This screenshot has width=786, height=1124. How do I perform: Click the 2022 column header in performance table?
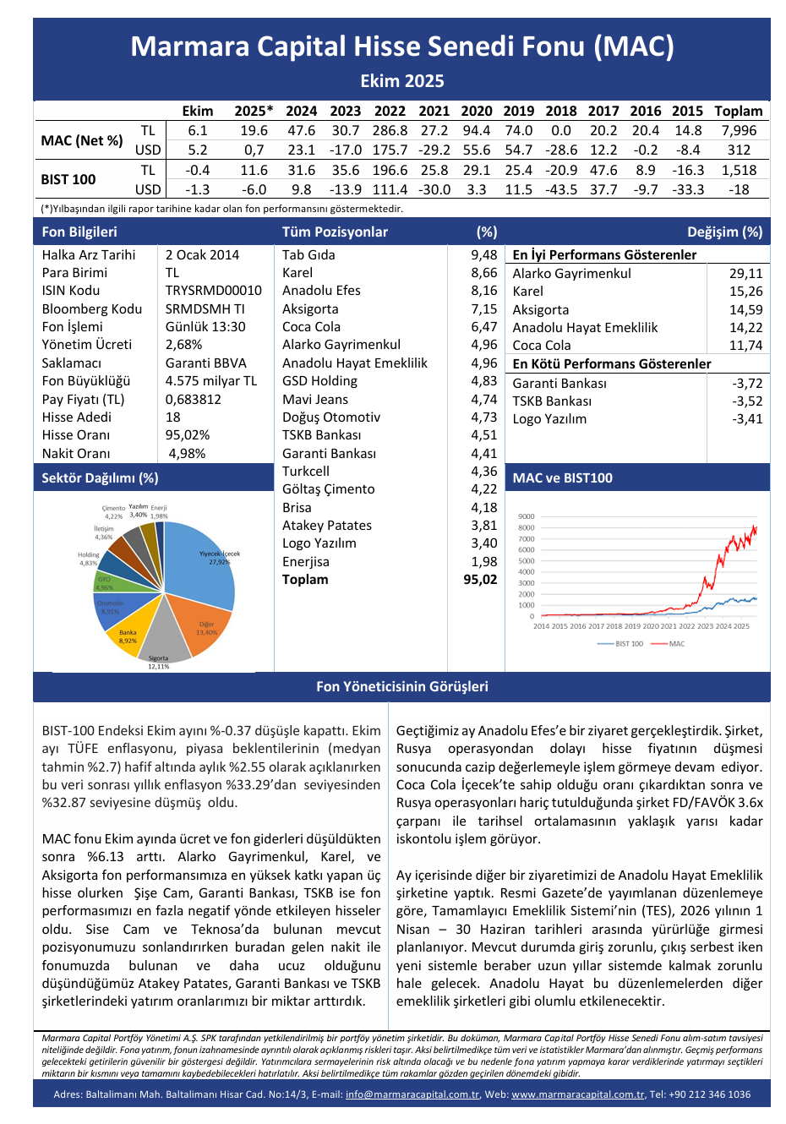[x=390, y=111]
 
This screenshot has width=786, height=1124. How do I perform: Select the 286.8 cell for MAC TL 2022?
[x=390, y=130]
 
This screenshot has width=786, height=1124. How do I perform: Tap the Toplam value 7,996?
[x=739, y=130]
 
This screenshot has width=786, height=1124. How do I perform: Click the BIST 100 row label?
[x=68, y=179]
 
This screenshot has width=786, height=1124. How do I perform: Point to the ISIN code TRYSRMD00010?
[x=213, y=290]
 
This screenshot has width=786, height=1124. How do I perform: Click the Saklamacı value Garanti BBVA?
[x=205, y=363]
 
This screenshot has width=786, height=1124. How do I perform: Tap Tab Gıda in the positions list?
[x=308, y=254]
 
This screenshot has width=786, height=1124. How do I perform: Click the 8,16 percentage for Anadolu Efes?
[x=484, y=290]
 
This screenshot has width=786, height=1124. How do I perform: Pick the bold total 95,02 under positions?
[x=480, y=580]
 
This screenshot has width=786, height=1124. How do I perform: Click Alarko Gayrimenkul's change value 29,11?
[x=745, y=273]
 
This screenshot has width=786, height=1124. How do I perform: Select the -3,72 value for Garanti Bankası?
[x=747, y=383]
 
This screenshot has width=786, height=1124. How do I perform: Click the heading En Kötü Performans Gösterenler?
[x=612, y=363]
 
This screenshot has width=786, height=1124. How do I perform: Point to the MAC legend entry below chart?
[x=676, y=644]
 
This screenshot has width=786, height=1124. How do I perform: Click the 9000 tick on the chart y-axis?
[x=526, y=516]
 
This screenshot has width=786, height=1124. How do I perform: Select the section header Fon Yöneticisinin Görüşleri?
[x=401, y=686]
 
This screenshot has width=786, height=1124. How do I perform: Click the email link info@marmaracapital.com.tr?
[x=412, y=1094]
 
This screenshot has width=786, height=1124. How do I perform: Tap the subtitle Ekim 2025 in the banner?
[x=401, y=81]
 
